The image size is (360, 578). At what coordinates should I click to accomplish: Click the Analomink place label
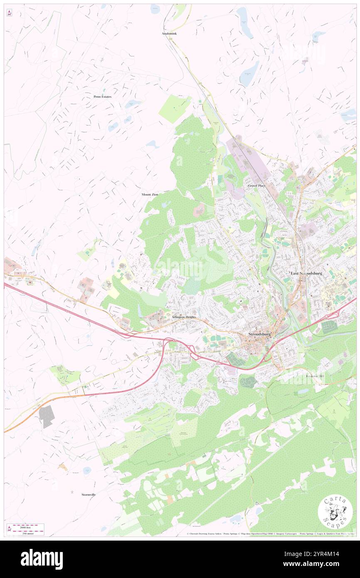coord(169,33)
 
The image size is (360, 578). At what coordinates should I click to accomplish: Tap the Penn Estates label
coord(102,96)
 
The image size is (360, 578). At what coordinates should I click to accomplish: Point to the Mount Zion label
coord(150,194)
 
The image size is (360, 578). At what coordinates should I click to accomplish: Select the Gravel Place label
coord(256,185)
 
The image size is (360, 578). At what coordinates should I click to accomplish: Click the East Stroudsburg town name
coord(306,273)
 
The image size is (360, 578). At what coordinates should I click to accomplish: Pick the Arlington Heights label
coord(184,317)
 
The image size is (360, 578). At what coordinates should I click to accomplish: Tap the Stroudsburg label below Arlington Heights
coord(259,334)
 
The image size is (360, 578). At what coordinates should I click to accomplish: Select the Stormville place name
coord(89,494)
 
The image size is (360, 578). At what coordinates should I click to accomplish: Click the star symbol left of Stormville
coord(72,493)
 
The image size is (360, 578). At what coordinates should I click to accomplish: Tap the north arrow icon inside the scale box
coord(9,529)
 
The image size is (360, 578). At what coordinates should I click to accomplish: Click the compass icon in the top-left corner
coord(9,13)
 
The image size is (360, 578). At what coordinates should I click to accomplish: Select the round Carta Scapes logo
coord(335,512)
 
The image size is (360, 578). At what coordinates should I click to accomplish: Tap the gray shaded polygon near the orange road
coord(47,416)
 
